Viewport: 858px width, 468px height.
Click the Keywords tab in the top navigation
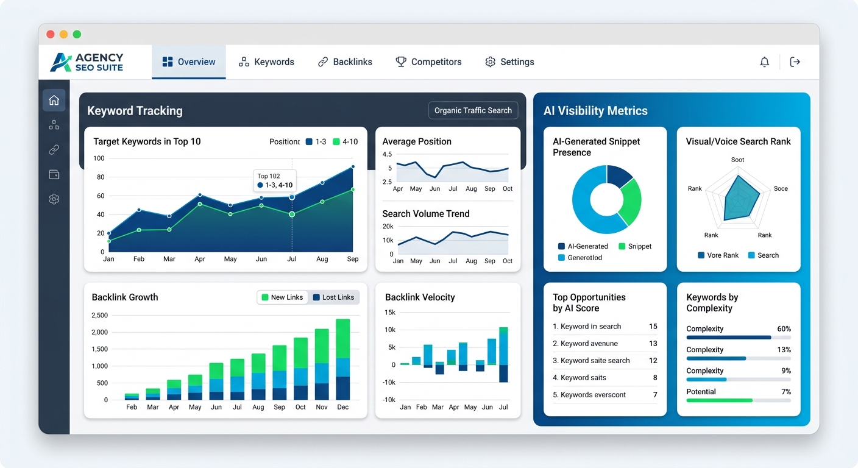(267, 62)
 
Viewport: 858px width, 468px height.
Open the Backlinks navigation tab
(345, 62)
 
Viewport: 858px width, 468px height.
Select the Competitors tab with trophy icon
(428, 62)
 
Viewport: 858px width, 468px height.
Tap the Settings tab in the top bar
(509, 62)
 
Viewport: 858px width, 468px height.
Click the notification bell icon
(764, 62)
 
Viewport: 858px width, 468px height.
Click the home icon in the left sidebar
(54, 100)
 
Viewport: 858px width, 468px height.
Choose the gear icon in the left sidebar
(54, 199)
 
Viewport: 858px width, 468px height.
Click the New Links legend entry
(282, 297)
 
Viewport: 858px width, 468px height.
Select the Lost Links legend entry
(333, 297)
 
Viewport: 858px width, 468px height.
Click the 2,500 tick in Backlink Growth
(99, 316)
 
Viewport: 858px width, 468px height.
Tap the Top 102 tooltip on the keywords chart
(274, 180)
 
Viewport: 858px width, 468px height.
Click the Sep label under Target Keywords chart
(353, 259)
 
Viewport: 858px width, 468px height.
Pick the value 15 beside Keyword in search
(653, 327)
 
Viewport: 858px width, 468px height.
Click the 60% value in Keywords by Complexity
(784, 329)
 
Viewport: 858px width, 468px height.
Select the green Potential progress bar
(719, 400)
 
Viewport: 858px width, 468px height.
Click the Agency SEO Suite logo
(88, 62)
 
